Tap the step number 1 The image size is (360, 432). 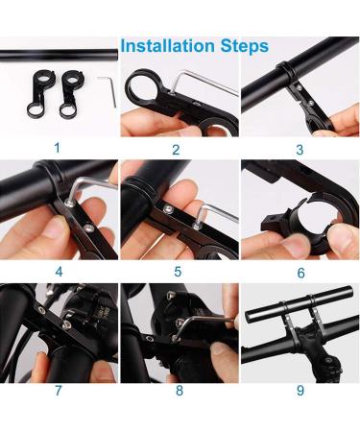58,148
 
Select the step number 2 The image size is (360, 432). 176,149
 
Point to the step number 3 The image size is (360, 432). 299,149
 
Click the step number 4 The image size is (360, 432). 58,271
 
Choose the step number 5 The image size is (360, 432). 178,271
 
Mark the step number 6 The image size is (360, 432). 299,271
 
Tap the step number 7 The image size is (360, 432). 58,390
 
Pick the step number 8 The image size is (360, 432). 178,390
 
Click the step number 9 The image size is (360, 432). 299,390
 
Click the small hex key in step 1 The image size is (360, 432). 108,93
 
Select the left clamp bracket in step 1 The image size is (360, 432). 43,91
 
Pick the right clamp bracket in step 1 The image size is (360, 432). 73,92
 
